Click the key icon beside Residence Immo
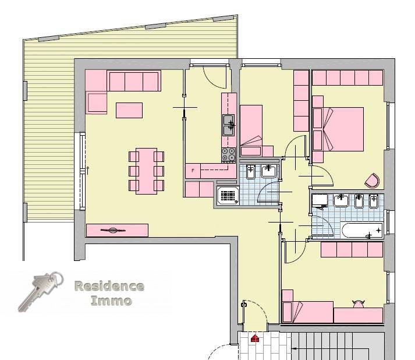(x=40, y=291)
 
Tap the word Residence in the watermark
(x=109, y=286)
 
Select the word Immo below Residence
(x=111, y=301)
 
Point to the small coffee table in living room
(x=129, y=110)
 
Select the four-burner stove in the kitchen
(x=228, y=155)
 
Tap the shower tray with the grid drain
(x=228, y=195)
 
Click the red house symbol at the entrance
(x=255, y=337)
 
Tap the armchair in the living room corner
(x=97, y=103)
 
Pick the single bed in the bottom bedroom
(x=307, y=312)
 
